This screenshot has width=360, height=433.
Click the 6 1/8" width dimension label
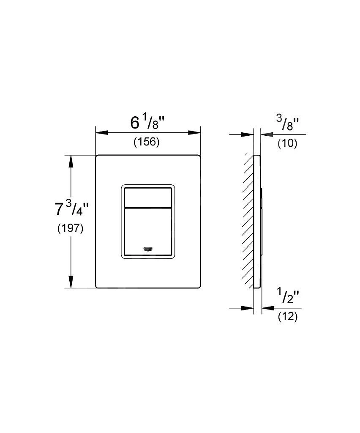pyautogui.click(x=147, y=123)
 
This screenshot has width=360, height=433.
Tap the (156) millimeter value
pyautogui.click(x=147, y=142)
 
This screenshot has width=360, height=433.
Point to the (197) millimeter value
pyautogui.click(x=70, y=229)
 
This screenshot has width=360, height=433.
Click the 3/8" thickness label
pyautogui.click(x=287, y=124)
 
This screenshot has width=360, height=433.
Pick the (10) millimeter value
pyautogui.click(x=287, y=144)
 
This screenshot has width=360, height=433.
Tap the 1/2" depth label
pyautogui.click(x=288, y=296)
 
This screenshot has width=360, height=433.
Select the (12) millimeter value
pyautogui.click(x=288, y=316)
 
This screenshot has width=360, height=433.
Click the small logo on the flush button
pyautogui.click(x=148, y=249)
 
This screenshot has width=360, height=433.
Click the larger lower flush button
pyautogui.click(x=148, y=231)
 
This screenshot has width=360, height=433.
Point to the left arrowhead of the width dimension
pyautogui.click(x=101, y=133)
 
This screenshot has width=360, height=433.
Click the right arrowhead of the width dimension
pyautogui.click(x=195, y=133)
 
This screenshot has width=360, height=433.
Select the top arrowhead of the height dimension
pyautogui.click(x=71, y=161)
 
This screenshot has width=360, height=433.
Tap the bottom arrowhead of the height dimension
pyautogui.click(x=71, y=282)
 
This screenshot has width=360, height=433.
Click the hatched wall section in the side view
pyautogui.click(x=248, y=221)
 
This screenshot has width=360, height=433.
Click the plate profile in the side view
pyautogui.click(x=257, y=222)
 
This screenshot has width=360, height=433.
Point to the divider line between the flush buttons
pyautogui.click(x=148, y=207)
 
